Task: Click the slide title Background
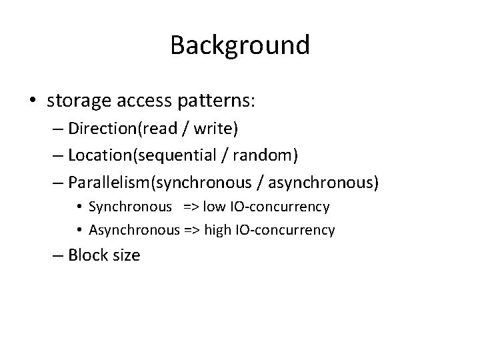tap(240, 45)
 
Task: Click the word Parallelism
tap(110, 181)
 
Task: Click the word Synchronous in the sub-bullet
tap(130, 207)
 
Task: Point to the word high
tap(217, 230)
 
